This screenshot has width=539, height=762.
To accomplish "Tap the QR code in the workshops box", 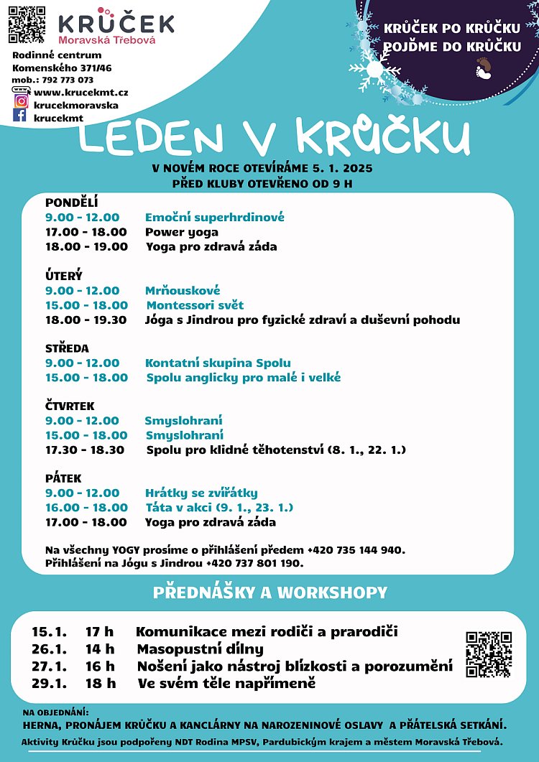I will pos(488,654).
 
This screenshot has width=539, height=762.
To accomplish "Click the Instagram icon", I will pos(21,101).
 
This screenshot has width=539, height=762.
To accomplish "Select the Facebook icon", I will pos(20,115).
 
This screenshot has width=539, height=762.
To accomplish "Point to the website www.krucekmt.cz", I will pos(80,92).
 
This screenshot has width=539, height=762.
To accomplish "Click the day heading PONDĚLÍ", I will pos(71,203).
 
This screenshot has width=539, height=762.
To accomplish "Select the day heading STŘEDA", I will pos(67,348).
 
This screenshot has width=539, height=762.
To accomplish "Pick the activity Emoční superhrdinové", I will pos(214,218).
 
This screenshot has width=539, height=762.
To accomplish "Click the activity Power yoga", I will pos(182,232).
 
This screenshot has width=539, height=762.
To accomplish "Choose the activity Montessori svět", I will pos(195,305).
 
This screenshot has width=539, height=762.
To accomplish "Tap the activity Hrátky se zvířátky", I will pos(201,493).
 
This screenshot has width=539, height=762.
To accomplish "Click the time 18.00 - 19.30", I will pos(86,320).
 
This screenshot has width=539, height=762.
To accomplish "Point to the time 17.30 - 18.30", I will pos(85,450).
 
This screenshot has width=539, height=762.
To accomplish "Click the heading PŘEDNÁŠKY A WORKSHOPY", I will pos(269,593).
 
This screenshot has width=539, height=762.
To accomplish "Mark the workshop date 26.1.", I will pos(49,649).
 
